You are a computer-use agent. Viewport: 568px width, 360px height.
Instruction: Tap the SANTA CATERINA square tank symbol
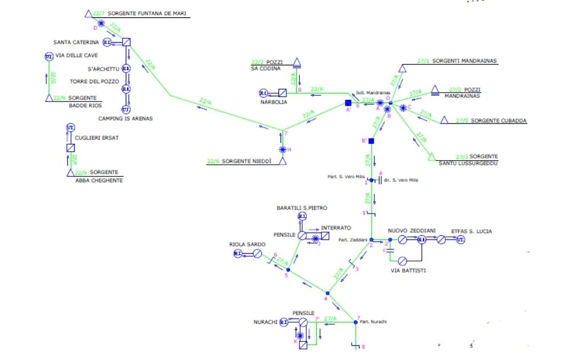point(126,42)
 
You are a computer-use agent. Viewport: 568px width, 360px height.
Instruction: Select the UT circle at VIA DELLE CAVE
point(48,57)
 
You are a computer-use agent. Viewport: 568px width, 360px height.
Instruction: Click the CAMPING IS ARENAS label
point(125,119)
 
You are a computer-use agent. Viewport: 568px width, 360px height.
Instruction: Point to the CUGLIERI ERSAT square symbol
point(71,148)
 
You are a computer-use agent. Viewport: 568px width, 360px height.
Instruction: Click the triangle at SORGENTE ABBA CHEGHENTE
point(70,172)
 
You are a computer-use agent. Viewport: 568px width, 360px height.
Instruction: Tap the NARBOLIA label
point(274,102)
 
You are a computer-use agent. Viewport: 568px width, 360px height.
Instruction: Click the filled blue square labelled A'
point(347,103)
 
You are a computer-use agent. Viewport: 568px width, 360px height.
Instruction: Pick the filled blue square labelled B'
point(371,141)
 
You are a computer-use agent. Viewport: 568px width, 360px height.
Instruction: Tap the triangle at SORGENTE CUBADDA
point(444,121)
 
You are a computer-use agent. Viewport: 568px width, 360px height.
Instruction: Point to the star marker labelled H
point(283,149)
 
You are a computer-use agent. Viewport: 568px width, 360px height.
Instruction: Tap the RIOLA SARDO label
point(247,245)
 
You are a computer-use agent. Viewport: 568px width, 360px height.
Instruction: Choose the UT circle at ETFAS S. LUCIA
point(461,239)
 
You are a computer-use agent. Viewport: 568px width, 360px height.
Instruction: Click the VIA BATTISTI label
point(408,271)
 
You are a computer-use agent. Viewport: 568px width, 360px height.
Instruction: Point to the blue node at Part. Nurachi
point(355,322)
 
